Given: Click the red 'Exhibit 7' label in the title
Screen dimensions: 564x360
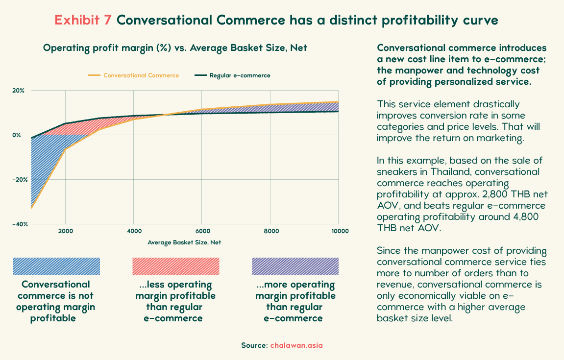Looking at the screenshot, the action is click(x=83, y=20).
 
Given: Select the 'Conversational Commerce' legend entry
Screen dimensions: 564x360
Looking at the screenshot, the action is click(x=133, y=75).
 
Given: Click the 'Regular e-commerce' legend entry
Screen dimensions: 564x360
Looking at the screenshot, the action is click(x=232, y=75).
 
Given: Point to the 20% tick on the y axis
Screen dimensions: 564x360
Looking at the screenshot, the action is click(x=18, y=91).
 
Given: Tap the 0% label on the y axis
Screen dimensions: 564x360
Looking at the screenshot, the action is click(x=17, y=135).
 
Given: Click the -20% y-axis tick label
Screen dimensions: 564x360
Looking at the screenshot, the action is click(x=20, y=180).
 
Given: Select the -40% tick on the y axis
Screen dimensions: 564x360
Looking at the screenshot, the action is click(x=20, y=224).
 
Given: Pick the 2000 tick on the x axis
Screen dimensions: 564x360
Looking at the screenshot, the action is click(x=66, y=231).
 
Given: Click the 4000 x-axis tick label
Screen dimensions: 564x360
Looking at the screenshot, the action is click(x=134, y=231).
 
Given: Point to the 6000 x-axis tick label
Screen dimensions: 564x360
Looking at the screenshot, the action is click(x=203, y=231).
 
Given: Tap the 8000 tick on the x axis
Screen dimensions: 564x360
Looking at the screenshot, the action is click(x=271, y=231).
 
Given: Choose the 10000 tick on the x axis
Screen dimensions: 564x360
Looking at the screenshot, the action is click(x=340, y=231).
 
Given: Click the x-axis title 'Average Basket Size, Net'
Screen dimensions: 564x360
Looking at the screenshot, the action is click(x=184, y=242).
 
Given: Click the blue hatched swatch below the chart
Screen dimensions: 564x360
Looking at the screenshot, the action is click(x=56, y=266).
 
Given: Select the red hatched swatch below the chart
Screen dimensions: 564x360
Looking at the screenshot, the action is click(x=176, y=266).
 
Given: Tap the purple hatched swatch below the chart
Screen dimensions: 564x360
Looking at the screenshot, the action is click(x=295, y=266).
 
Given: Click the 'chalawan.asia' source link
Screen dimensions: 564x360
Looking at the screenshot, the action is click(x=296, y=345).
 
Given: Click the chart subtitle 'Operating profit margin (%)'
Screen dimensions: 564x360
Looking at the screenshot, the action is click(x=107, y=48).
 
